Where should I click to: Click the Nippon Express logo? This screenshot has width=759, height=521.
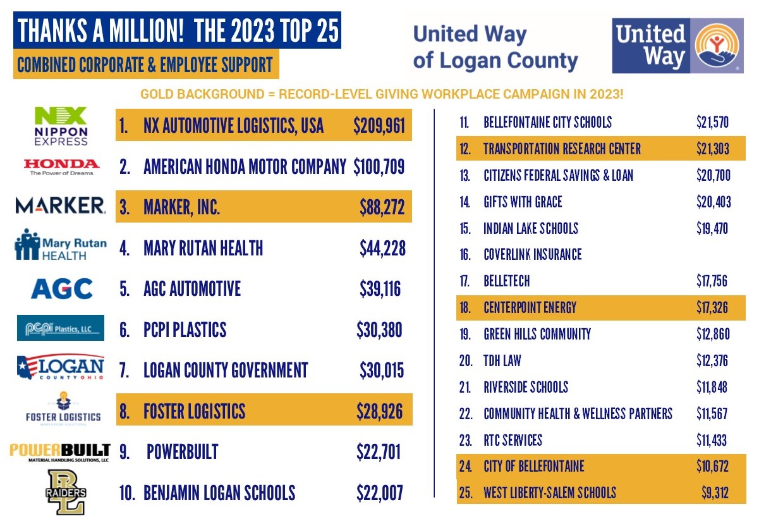pyautogui.click(x=61, y=125)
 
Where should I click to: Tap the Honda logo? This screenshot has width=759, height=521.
pyautogui.click(x=61, y=166)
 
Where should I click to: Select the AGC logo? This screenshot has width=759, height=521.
pyautogui.click(x=61, y=289)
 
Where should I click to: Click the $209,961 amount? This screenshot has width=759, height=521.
pyautogui.click(x=379, y=126)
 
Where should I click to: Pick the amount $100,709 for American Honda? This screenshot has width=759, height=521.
pyautogui.click(x=379, y=167)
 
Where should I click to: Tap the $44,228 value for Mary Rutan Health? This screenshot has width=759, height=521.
pyautogui.click(x=382, y=248)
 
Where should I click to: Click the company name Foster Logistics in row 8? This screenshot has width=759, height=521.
pyautogui.click(x=194, y=412)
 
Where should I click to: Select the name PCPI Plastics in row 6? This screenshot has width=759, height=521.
pyautogui.click(x=185, y=330)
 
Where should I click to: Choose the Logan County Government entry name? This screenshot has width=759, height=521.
pyautogui.click(x=226, y=371)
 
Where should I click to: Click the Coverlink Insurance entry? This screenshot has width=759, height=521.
pyautogui.click(x=532, y=255)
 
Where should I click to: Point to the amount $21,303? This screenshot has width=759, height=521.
pyautogui.click(x=712, y=149)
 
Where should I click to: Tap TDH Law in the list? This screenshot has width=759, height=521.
pyautogui.click(x=502, y=361)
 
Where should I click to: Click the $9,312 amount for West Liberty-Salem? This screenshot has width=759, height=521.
pyautogui.click(x=715, y=493)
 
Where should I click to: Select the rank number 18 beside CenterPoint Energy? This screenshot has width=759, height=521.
pyautogui.click(x=466, y=308)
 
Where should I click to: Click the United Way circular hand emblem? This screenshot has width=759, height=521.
pyautogui.click(x=717, y=46)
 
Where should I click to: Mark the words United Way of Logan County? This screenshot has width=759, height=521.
pyautogui.click(x=495, y=47)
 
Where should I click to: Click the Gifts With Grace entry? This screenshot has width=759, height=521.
pyautogui.click(x=522, y=202)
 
